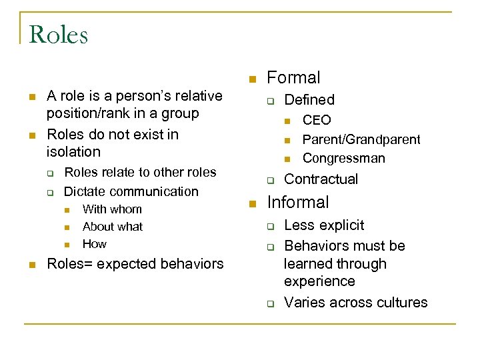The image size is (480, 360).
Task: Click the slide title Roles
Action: tap(59, 35)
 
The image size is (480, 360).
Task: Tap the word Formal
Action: tap(293, 78)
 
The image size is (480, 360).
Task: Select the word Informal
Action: tap(298, 202)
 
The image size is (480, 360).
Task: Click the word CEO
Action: tap(317, 120)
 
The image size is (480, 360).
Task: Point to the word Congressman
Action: tap(344, 159)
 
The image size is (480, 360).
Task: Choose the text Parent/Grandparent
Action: tap(361, 139)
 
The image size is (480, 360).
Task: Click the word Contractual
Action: tap(321, 179)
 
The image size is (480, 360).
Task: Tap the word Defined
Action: tap(309, 100)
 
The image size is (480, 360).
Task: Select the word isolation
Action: tap(74, 152)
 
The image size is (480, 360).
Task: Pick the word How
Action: tap(95, 244)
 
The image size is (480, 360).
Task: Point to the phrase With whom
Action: tap(112, 209)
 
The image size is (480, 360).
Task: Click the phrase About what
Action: tap(113, 227)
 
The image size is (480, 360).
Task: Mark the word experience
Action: tap(319, 282)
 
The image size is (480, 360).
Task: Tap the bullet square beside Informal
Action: tap(252, 204)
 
